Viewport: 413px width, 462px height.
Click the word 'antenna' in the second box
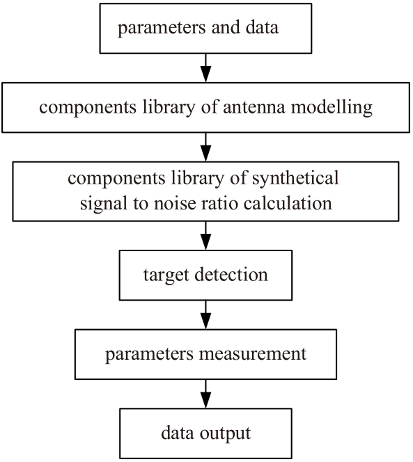pos(254,107)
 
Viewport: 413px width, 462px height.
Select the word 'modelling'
pos(332,108)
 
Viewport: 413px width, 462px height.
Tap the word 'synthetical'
pos(295,179)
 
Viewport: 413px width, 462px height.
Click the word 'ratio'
pos(220,203)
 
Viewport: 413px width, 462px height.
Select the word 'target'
pos(166,276)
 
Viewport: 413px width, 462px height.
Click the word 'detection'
pos(231,274)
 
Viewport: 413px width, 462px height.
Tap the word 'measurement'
pos(253,354)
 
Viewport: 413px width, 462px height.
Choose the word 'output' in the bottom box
pos(225,434)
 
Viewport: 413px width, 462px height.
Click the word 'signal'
pos(103,204)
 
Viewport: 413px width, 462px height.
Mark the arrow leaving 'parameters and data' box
pos(205,68)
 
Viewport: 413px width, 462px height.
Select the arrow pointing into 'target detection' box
pos(205,236)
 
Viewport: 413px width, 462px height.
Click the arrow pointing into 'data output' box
pos(205,394)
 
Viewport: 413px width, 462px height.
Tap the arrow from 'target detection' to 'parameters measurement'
pos(205,314)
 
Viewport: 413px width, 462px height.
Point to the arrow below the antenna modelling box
pos(205,147)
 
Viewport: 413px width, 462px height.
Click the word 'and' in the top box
pos(226,27)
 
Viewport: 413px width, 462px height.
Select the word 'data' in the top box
pos(262,27)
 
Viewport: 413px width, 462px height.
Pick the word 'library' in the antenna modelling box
pos(169,108)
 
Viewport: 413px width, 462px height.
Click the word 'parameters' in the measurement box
pos(150,355)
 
